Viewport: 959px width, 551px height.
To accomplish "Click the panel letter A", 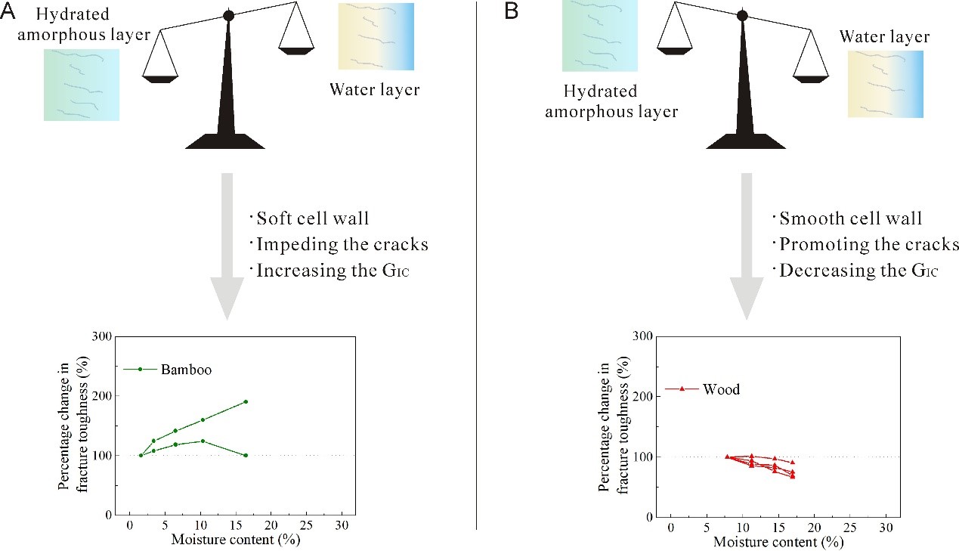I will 8,11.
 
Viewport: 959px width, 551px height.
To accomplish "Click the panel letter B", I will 512,11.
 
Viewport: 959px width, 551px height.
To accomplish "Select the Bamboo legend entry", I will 185,370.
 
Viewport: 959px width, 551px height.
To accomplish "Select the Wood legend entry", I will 720,390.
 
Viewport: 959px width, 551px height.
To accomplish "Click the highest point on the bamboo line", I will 246,401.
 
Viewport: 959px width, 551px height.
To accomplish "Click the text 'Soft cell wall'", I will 312,219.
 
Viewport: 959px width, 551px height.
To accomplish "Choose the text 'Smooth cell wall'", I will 850,219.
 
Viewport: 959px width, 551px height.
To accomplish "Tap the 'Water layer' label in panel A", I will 374,90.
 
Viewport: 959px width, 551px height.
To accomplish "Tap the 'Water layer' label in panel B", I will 884,37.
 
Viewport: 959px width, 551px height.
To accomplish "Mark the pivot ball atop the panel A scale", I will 229,15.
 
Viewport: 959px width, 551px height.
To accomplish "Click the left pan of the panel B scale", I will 675,51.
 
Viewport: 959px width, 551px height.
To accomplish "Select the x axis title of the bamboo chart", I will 227,540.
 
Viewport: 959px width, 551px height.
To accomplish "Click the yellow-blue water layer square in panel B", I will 885,84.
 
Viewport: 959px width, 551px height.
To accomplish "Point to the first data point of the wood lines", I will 727,457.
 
